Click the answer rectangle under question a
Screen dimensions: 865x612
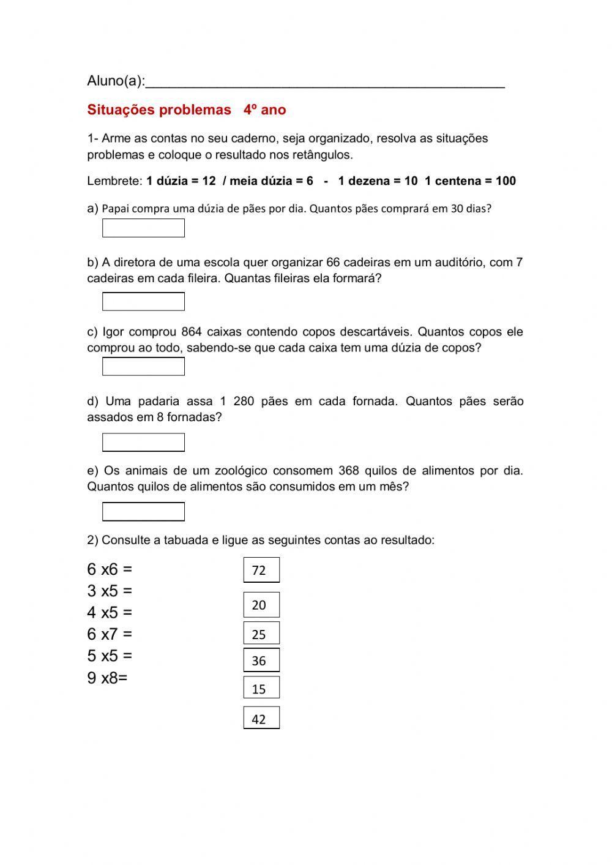click(143, 228)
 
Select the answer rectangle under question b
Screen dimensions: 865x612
click(143, 301)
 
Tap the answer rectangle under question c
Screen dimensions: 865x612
click(143, 366)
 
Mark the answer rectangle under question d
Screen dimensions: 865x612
click(143, 442)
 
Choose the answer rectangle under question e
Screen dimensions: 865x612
click(143, 511)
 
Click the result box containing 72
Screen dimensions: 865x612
click(261, 570)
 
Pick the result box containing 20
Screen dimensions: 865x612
click(261, 605)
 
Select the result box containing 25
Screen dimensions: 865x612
click(261, 634)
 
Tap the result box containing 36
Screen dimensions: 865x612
click(261, 661)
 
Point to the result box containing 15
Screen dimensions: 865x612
click(261, 688)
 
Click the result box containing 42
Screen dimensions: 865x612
click(261, 718)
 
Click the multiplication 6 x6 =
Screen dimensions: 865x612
click(110, 569)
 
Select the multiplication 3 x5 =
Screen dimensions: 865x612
click(110, 591)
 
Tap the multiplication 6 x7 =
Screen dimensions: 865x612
click(110, 634)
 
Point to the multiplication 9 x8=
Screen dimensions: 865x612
click(107, 678)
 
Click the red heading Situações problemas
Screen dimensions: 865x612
click(159, 110)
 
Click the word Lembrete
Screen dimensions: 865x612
click(114, 181)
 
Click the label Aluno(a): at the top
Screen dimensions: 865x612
click(116, 81)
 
